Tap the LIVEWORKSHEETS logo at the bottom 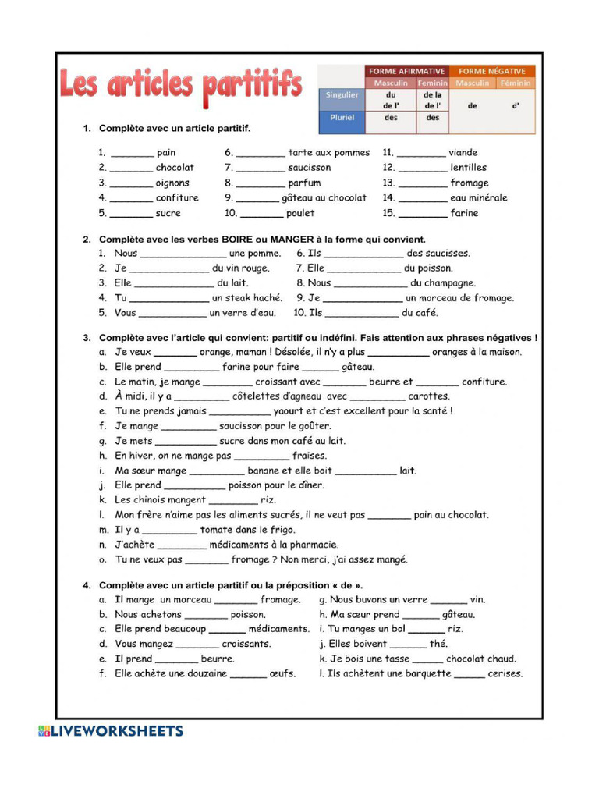pyautogui.click(x=111, y=731)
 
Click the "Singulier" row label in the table pyautogui.click(x=342, y=95)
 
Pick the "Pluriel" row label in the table pyautogui.click(x=342, y=118)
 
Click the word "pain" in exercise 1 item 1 pyautogui.click(x=166, y=153)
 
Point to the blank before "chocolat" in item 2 pyautogui.click(x=131, y=168)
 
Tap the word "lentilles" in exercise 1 pyautogui.click(x=468, y=168)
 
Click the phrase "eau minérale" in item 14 pyautogui.click(x=478, y=198)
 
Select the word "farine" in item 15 pyautogui.click(x=464, y=213)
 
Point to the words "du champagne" pyautogui.click(x=442, y=283)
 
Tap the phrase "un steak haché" pyautogui.click(x=246, y=298)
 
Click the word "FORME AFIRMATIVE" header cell pyautogui.click(x=406, y=71)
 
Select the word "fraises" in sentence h pyautogui.click(x=310, y=456)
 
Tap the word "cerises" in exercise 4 pyautogui.click(x=505, y=674)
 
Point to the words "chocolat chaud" pyautogui.click(x=480, y=659)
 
